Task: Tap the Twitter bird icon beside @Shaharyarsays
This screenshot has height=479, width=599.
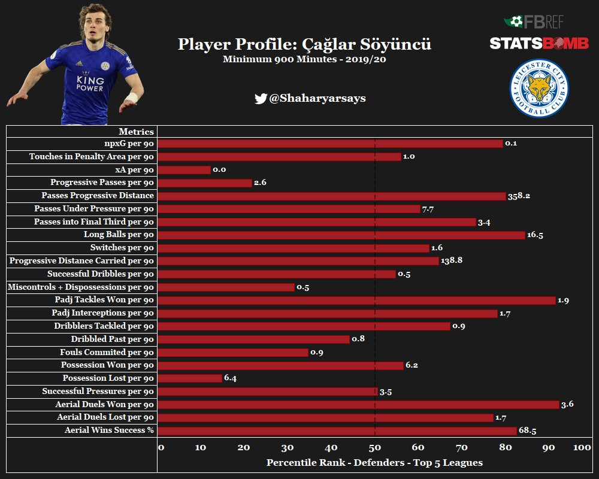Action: point(260,99)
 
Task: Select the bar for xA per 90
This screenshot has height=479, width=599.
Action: point(184,169)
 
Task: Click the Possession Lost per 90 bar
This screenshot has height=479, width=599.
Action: point(190,378)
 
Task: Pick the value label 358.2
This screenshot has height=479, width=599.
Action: point(519,196)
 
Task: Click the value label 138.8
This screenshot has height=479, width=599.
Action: point(452,261)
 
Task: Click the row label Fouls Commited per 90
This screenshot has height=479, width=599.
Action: point(107,352)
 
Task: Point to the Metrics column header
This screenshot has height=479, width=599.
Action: point(136,132)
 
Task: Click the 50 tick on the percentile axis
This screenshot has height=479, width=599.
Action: point(375,448)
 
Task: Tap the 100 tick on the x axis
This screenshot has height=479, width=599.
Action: point(582,448)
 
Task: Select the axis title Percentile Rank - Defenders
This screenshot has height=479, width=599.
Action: point(374,463)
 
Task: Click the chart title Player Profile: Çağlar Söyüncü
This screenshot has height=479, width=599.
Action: point(304,44)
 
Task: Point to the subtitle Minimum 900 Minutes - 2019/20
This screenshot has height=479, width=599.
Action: point(304,59)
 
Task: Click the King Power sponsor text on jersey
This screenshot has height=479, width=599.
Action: point(89,83)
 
